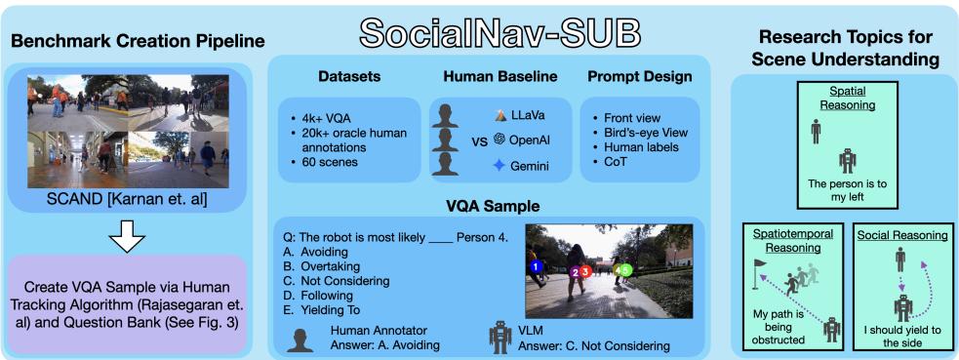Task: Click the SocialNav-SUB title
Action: click(478, 30)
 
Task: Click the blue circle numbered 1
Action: click(535, 265)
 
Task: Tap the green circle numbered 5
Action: click(627, 268)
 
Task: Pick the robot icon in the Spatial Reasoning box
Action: click(847, 159)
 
